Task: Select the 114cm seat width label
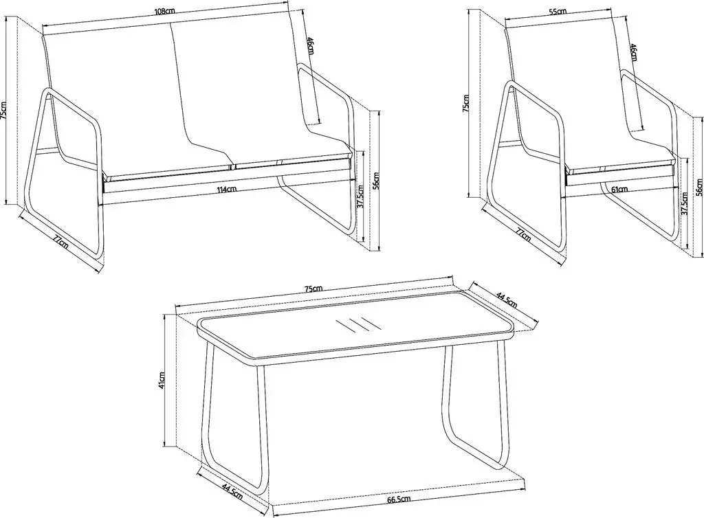[x=227, y=189]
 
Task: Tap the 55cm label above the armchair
[x=557, y=12]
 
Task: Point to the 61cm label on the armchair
[x=619, y=189]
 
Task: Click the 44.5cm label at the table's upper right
[x=507, y=300]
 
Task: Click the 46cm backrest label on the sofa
[x=310, y=46]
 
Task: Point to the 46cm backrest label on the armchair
[x=634, y=52]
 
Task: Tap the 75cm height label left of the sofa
[x=3, y=111]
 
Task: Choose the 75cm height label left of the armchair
[x=466, y=103]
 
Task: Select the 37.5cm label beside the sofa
[x=360, y=193]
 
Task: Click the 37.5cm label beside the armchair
[x=684, y=205]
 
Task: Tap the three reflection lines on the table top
[x=357, y=324]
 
